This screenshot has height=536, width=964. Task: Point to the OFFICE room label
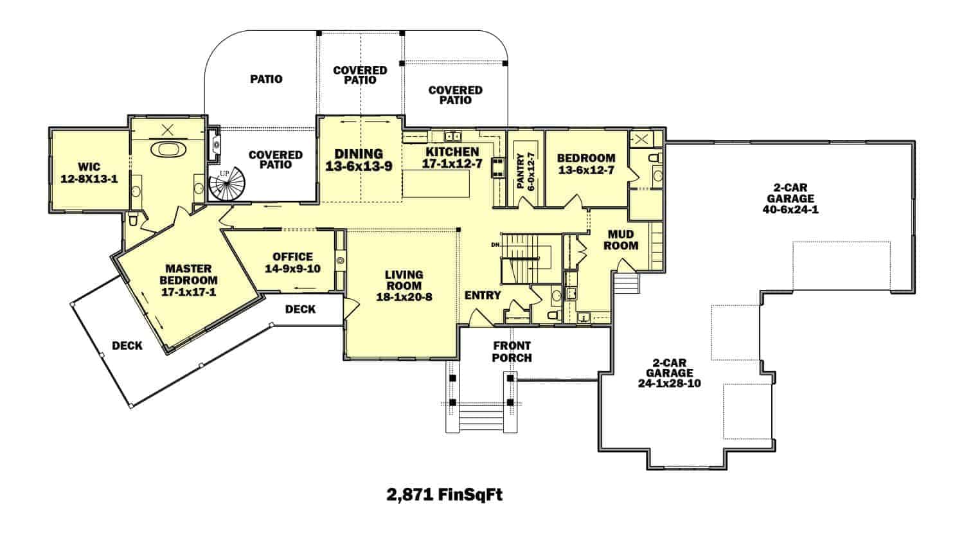(x=292, y=256)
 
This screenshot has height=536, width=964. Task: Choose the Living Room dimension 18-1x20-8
(x=404, y=297)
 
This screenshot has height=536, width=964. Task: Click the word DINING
(x=359, y=154)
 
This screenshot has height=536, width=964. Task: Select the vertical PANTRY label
(x=521, y=170)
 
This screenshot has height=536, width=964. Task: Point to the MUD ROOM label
(x=621, y=240)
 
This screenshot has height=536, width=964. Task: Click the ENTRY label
(x=483, y=295)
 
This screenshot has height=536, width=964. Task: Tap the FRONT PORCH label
(x=512, y=352)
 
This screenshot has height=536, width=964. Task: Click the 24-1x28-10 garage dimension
(x=669, y=384)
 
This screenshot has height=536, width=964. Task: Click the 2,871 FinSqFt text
(x=443, y=495)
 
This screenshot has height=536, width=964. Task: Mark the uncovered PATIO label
(x=266, y=80)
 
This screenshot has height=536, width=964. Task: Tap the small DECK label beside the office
(x=300, y=309)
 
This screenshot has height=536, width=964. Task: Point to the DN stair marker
(x=495, y=245)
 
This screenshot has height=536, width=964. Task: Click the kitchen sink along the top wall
(x=454, y=136)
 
